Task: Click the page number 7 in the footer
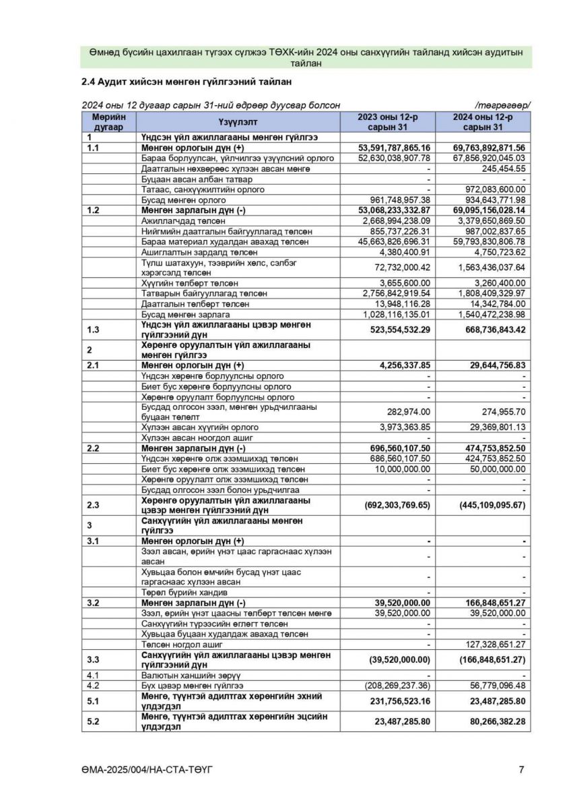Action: click(x=522, y=769)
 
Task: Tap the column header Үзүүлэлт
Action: click(x=238, y=122)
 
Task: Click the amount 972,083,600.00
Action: click(x=495, y=189)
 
